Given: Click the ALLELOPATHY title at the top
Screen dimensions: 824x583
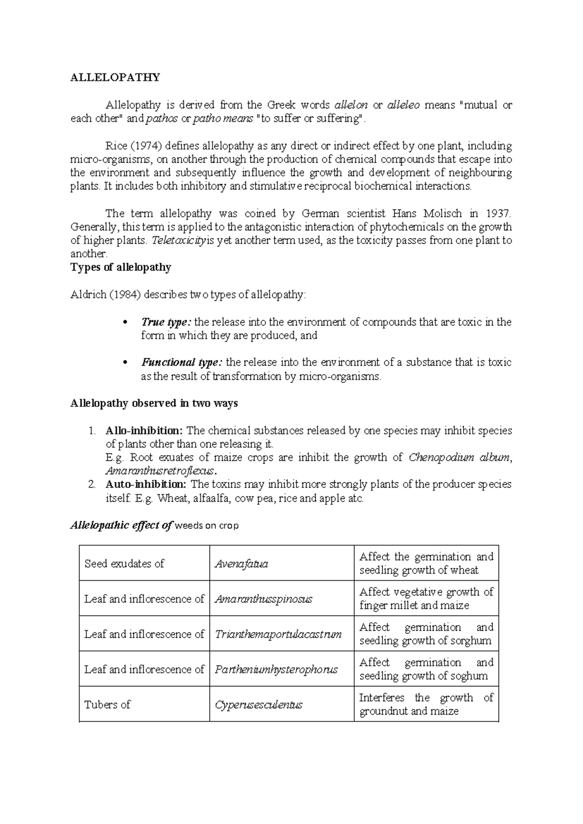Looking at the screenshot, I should click(115, 78).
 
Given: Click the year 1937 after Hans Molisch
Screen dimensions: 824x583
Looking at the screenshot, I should click(497, 213).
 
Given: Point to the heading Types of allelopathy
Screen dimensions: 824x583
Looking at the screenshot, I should click(121, 268).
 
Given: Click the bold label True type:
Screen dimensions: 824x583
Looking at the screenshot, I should click(167, 322).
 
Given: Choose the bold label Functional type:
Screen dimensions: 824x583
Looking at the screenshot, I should click(182, 362).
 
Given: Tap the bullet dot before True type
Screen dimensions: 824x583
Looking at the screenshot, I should click(125, 322).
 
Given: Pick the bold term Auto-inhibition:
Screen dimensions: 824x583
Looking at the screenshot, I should click(146, 484).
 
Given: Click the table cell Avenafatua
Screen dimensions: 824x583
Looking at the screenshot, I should click(241, 564).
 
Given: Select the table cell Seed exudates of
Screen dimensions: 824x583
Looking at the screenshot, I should click(124, 564).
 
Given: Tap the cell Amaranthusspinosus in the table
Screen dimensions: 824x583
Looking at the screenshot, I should click(263, 599).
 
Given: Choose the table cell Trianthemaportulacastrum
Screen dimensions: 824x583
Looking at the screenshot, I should click(278, 635).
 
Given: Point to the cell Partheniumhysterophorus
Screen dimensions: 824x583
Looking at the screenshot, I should click(276, 669).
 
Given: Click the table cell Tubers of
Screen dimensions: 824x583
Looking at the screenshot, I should click(107, 704).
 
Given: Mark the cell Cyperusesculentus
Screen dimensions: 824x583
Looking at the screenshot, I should click(258, 704).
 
